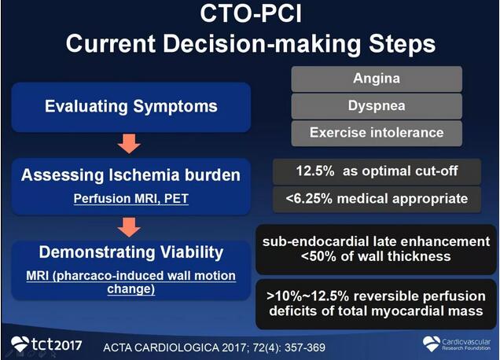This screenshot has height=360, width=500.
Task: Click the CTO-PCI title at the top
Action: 251,13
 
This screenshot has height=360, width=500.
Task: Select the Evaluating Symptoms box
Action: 131,107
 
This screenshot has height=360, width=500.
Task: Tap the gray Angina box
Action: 377,79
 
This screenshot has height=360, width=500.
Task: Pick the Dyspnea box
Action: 377,106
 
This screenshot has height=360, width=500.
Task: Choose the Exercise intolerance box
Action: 377,133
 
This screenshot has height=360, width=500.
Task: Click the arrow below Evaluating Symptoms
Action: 129,144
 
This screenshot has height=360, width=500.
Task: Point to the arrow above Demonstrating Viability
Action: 129,227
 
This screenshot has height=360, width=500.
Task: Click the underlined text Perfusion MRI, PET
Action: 131,199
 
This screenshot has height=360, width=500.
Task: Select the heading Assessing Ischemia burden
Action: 131,175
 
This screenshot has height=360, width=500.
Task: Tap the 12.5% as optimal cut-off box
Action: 377,171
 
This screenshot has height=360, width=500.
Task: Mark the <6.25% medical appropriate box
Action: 377,200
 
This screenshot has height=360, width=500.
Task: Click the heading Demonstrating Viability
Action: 131,252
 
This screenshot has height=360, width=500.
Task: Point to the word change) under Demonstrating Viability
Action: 131,289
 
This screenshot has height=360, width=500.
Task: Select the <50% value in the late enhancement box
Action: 318,256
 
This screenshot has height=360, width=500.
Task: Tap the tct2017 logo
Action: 46,344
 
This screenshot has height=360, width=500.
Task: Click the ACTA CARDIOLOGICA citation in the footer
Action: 215,347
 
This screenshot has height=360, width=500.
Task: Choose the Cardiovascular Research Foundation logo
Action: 457,344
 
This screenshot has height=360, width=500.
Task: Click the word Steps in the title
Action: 402,44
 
